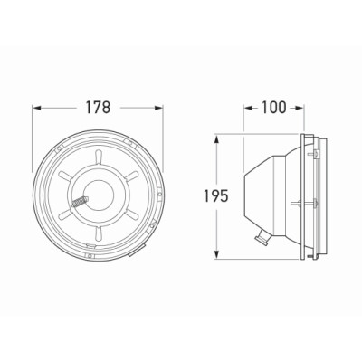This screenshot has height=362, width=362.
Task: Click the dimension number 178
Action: click(x=98, y=108)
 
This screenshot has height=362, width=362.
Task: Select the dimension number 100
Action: click(x=273, y=108)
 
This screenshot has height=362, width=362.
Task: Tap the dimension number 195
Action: click(x=215, y=196)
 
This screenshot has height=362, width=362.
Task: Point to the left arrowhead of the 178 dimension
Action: click(x=37, y=108)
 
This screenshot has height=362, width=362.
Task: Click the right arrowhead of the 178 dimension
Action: click(x=158, y=108)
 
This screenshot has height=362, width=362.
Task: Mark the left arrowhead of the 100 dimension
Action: click(x=248, y=108)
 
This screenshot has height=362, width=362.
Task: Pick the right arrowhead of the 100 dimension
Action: click(x=299, y=108)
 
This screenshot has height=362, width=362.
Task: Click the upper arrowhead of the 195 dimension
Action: click(x=216, y=139)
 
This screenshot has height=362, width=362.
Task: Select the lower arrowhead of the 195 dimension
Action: click(x=216, y=254)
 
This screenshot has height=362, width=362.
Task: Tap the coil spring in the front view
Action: click(x=80, y=202)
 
